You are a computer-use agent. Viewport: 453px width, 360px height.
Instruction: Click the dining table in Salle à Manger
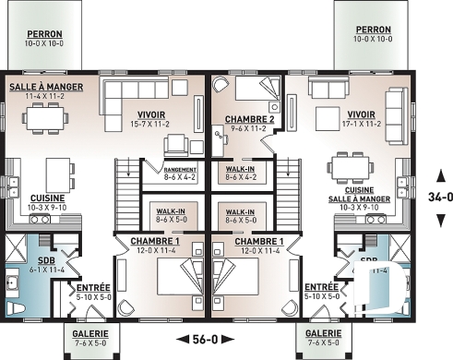(43, 121)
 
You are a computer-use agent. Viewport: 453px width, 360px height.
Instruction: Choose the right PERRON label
(373, 34)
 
